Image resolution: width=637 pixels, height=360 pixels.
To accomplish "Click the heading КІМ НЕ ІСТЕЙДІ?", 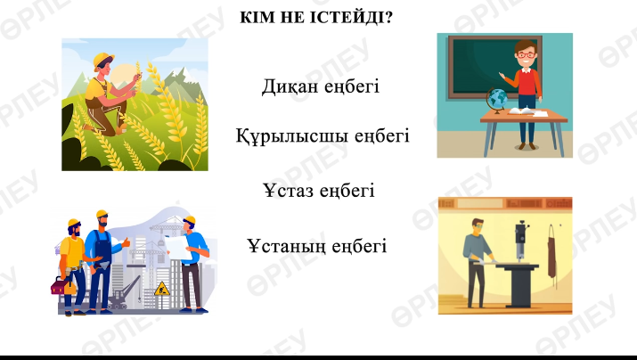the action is pos(316,18).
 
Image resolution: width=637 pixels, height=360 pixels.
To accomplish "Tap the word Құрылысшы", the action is pos(291,135).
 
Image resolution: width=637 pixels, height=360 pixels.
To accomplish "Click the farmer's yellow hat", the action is pos(103,61).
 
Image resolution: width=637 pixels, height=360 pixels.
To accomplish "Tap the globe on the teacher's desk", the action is pos(497,100).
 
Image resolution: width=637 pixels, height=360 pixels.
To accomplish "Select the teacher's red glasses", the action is pos(526,55).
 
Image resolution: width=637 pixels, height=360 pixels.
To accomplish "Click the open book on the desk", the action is pos(520,110).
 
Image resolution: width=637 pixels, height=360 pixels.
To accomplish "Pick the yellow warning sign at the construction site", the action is pos(162,289).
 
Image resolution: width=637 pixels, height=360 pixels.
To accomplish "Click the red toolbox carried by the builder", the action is pos(62,286).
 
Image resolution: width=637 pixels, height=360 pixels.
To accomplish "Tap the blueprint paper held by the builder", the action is pos(177,247).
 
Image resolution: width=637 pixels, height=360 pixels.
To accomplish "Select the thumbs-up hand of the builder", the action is pos(126,243).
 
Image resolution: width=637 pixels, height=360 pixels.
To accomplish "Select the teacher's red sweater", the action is pos(527,83).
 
